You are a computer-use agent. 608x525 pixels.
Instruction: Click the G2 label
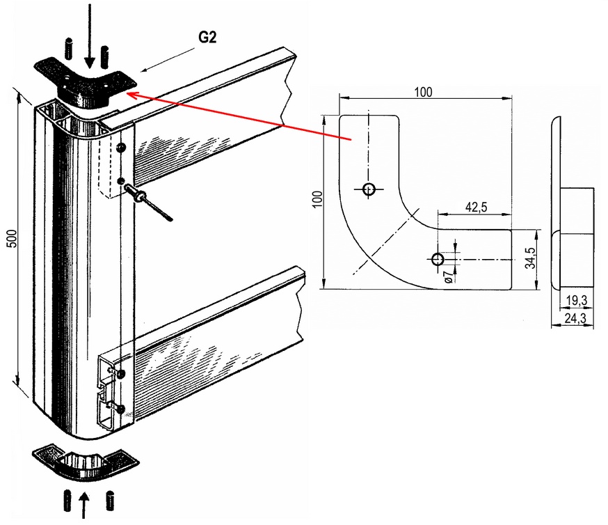tap(207, 38)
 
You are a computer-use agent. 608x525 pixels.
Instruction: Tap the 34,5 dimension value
tap(531, 258)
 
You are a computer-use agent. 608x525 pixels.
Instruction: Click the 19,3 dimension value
tap(574, 300)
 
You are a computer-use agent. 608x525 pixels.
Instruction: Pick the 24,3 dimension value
tap(574, 318)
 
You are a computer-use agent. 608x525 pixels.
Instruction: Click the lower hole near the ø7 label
tap(438, 260)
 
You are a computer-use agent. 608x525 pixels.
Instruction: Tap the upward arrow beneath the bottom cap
tap(84, 505)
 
